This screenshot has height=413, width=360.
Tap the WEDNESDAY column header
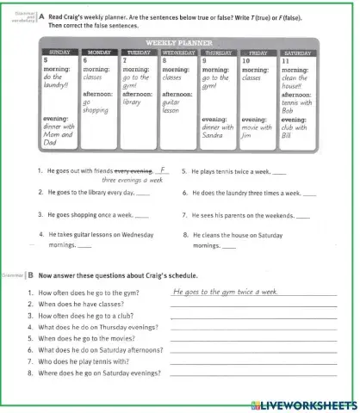179,52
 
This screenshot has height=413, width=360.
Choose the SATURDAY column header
297,52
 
